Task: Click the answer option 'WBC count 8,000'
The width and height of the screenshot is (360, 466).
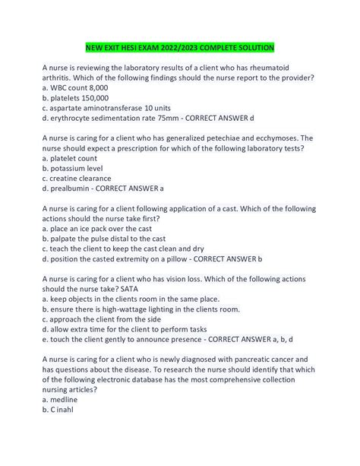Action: pyautogui.click(x=76, y=88)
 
